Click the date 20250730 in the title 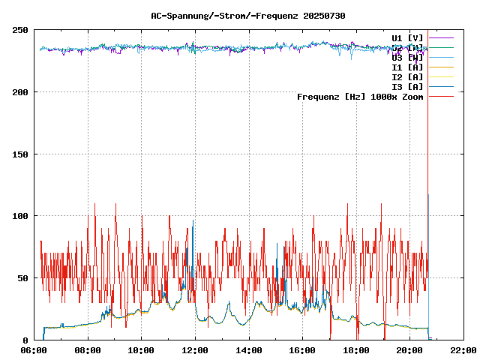(324, 16)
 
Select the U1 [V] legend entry (407, 37)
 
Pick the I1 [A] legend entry (407, 67)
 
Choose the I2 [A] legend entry (407, 77)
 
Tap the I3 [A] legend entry (407, 87)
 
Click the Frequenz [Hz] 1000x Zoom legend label (360, 97)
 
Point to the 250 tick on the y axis (20, 30)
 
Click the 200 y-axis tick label (20, 92)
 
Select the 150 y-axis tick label (20, 154)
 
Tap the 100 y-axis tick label (20, 216)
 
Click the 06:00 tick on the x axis (34, 350)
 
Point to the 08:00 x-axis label (88, 350)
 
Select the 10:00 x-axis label (141, 350)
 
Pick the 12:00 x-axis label (195, 350)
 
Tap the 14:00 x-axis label (248, 350)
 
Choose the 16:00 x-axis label (302, 350)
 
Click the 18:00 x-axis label (355, 350)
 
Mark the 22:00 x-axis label (463, 350)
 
